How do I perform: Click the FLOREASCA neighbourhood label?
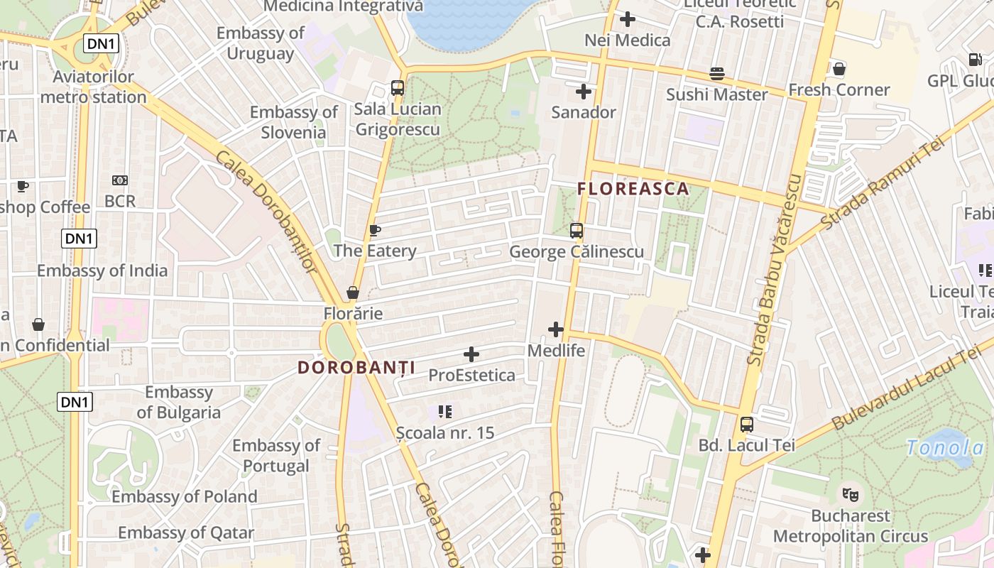point(633,189)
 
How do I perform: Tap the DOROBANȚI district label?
point(356,368)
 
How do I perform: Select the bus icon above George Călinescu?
point(576,231)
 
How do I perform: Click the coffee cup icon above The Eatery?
point(375,230)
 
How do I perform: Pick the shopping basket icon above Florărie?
point(352,293)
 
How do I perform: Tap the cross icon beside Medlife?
point(556,329)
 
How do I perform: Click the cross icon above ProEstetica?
point(471,354)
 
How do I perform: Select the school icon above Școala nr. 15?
point(445,412)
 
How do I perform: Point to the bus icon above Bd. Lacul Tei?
point(746,425)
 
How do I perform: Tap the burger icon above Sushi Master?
point(717,74)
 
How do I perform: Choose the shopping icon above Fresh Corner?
point(839,69)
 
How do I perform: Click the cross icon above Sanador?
point(584,92)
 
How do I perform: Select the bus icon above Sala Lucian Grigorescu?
point(398,88)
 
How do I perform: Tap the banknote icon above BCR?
point(120,181)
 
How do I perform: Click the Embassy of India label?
point(102,271)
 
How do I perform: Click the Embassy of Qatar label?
point(186,532)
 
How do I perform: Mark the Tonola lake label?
point(946,447)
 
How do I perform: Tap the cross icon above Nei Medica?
point(628,19)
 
